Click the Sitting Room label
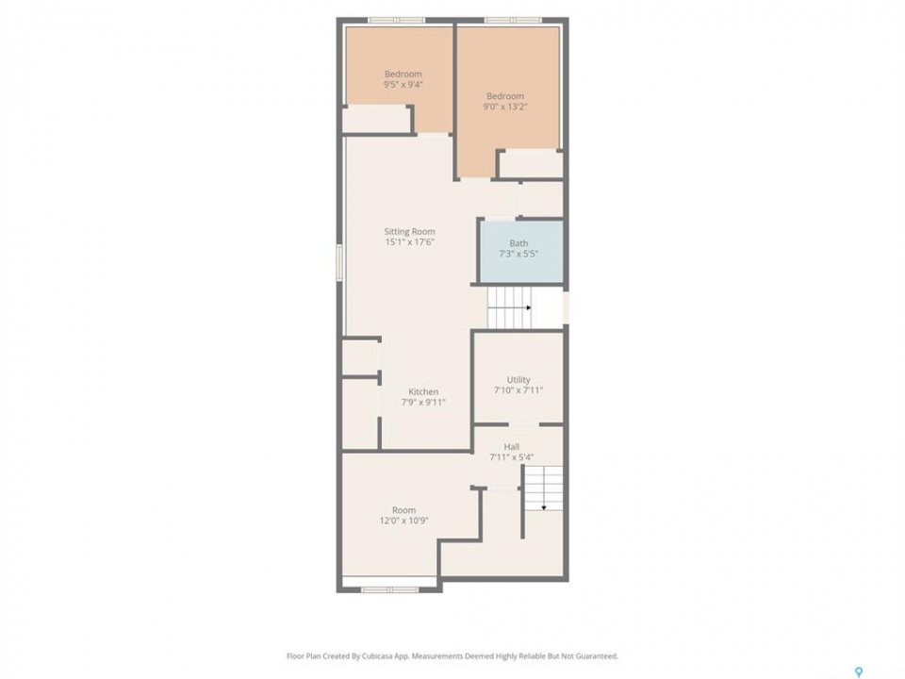point(409,232)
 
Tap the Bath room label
point(518,243)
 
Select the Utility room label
point(518,379)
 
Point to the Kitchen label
point(423,391)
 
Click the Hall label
point(511,446)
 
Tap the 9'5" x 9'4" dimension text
point(403,84)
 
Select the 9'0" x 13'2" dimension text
point(505,107)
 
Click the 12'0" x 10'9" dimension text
point(403,521)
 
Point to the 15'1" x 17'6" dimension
point(409,242)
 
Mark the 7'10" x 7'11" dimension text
point(518,390)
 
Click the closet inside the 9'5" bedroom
point(376,120)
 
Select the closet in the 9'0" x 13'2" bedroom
point(531,165)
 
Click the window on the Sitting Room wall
point(340,262)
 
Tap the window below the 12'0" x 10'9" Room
point(390,589)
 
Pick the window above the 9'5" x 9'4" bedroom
point(397,21)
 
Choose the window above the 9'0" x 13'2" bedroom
point(513,21)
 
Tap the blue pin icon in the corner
point(859,671)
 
